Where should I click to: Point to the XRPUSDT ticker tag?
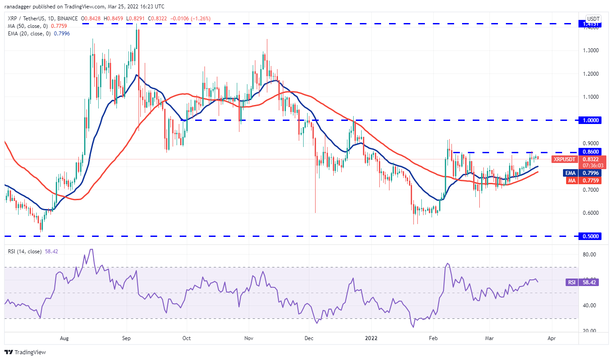click(565, 159)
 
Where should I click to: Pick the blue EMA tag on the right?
click(569, 173)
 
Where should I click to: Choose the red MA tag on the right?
click(570, 180)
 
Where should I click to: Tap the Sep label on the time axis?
click(127, 338)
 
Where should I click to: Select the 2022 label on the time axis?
click(371, 338)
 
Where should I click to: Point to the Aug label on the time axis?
click(64, 338)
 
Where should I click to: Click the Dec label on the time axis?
click(309, 338)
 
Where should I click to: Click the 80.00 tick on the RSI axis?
click(590, 254)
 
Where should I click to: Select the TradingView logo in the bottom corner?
click(25, 352)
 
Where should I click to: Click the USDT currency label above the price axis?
click(593, 19)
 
